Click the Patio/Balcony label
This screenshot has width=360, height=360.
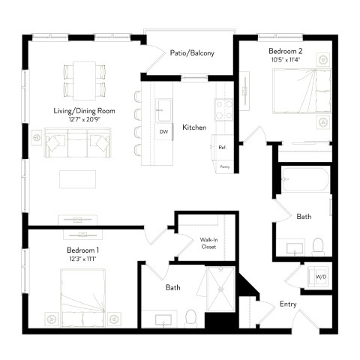coord(192,52)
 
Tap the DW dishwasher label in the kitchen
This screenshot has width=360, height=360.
coord(163,132)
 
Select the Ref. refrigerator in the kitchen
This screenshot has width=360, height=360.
coord(223,148)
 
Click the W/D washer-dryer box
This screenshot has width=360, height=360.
coord(320,277)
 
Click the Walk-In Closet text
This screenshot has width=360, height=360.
coord(208,243)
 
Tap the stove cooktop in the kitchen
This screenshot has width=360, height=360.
coord(223,110)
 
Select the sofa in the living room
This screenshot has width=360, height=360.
coord(77,142)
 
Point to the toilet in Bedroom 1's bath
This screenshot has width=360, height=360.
coord(190,319)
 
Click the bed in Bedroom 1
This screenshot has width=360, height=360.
coord(82,296)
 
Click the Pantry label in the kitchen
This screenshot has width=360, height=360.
coord(224,166)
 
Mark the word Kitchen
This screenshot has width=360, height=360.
coord(194,127)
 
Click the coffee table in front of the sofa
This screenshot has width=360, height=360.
coord(78,178)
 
